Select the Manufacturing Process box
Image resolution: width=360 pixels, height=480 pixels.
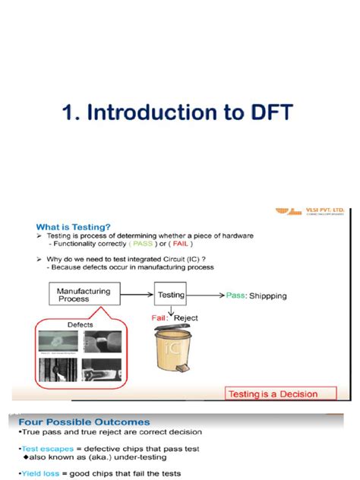point(84,295)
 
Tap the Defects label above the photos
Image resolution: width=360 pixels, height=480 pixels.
point(81,324)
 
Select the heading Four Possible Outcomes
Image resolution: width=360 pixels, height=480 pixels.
point(79,422)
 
